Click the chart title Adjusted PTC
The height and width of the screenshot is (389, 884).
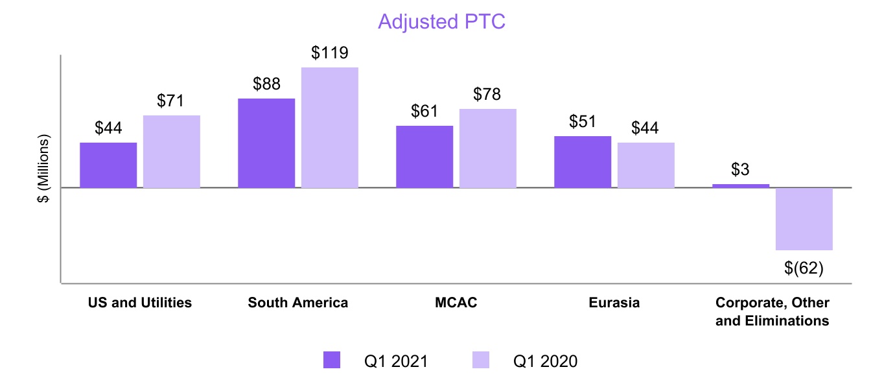(x=441, y=21)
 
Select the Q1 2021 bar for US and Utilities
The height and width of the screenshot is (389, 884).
(x=108, y=165)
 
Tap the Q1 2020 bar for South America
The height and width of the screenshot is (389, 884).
(x=330, y=128)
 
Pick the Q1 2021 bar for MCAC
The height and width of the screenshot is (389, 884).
(x=425, y=157)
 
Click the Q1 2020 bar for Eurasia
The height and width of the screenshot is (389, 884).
(x=646, y=165)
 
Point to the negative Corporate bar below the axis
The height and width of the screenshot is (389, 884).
(x=804, y=219)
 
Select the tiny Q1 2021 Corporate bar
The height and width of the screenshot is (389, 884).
(x=741, y=186)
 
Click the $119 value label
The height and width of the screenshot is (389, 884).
(x=330, y=53)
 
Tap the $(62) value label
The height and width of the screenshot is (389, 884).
(x=804, y=267)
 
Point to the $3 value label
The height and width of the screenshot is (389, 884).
(x=741, y=170)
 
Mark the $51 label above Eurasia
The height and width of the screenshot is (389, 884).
(x=583, y=122)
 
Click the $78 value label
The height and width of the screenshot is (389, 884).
(x=488, y=95)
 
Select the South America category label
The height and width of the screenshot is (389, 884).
(x=298, y=303)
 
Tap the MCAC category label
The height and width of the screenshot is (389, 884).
(x=456, y=303)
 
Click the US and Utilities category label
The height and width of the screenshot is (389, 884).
(x=140, y=303)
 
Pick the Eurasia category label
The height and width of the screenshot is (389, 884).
(x=614, y=303)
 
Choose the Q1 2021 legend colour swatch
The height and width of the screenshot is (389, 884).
(x=331, y=360)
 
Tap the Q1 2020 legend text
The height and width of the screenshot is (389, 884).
(x=545, y=361)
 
